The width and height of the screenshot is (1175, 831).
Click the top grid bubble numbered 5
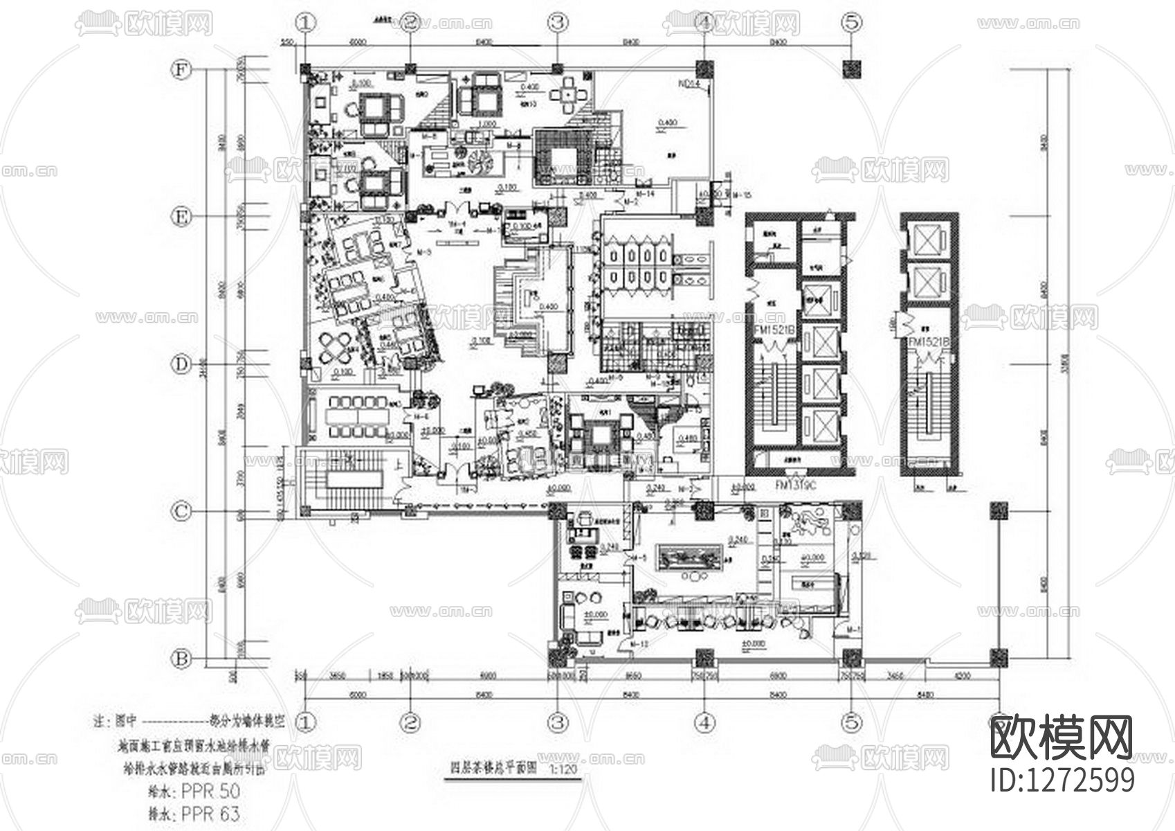(852, 22)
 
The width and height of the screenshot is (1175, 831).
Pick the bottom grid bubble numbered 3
(558, 722)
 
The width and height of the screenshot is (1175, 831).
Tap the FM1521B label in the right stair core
(928, 343)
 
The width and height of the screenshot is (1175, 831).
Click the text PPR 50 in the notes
(210, 791)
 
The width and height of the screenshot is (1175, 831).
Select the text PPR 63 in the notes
(210, 814)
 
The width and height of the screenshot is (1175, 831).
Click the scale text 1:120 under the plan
(561, 769)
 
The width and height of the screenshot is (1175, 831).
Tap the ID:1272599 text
(1063, 780)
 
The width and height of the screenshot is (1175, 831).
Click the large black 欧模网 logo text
(1062, 738)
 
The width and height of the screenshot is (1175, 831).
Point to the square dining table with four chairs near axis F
(567, 94)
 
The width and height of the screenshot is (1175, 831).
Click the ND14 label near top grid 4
(689, 86)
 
